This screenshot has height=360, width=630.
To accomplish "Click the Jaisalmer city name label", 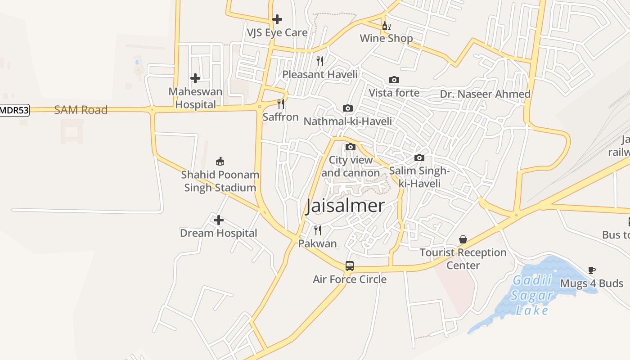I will click(345, 206).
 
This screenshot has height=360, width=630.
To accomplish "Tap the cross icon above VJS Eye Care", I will click(277, 19).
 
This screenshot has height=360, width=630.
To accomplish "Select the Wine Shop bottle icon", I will click(386, 26).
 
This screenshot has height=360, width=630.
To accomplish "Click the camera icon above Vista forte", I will click(394, 80).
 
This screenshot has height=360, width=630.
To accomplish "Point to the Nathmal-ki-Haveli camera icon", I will click(347, 108).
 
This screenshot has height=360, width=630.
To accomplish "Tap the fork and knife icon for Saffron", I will click(280, 104).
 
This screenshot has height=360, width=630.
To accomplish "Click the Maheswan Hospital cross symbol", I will click(195, 78).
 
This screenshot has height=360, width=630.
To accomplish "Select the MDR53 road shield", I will click(14, 110).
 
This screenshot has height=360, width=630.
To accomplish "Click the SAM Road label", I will click(81, 110).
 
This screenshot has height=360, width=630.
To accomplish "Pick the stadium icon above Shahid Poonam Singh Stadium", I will click(220, 161).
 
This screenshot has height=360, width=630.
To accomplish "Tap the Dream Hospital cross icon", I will click(218, 220).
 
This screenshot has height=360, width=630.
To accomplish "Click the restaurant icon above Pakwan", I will click(318, 230).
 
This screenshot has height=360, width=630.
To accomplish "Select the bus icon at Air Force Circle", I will click(350, 265).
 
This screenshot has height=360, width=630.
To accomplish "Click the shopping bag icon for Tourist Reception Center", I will click(463, 239).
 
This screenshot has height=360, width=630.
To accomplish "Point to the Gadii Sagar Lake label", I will click(533, 295).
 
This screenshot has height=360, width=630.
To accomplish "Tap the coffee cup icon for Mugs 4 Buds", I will click(591, 270).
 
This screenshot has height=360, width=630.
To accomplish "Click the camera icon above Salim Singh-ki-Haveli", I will click(419, 157).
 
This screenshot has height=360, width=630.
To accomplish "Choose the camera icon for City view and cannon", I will click(350, 147).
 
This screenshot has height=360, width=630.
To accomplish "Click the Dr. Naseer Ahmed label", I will click(485, 94).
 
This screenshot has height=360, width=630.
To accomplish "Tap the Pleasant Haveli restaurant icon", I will click(319, 61).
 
